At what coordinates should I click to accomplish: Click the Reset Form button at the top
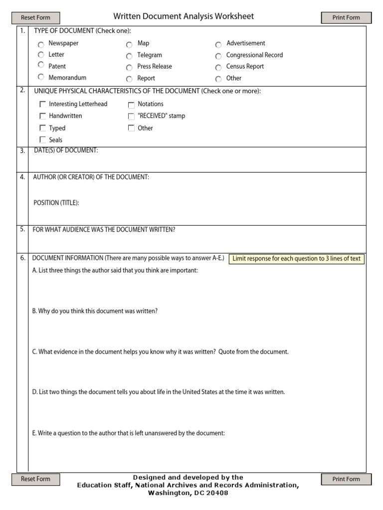point(35,18)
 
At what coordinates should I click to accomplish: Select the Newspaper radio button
point(41,44)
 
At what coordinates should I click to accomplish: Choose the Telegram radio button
point(129,56)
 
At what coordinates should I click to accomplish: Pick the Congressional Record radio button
point(218,56)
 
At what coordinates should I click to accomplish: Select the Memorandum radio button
point(41,78)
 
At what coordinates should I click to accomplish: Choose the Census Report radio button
point(218,67)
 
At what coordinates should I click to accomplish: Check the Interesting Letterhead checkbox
point(42,105)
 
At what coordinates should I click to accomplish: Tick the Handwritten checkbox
point(42,116)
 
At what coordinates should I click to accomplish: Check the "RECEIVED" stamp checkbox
point(131,117)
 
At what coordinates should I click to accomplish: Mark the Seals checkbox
point(42,140)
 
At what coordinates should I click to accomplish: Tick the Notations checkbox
point(131,105)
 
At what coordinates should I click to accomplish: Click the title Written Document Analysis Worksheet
point(184,16)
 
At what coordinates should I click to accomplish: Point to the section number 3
point(22,151)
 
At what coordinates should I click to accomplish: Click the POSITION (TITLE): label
point(56,203)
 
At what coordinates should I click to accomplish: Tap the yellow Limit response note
point(296,258)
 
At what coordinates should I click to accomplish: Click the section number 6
point(22,258)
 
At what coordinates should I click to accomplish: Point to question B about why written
point(95,311)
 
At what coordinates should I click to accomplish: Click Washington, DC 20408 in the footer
point(188,493)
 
